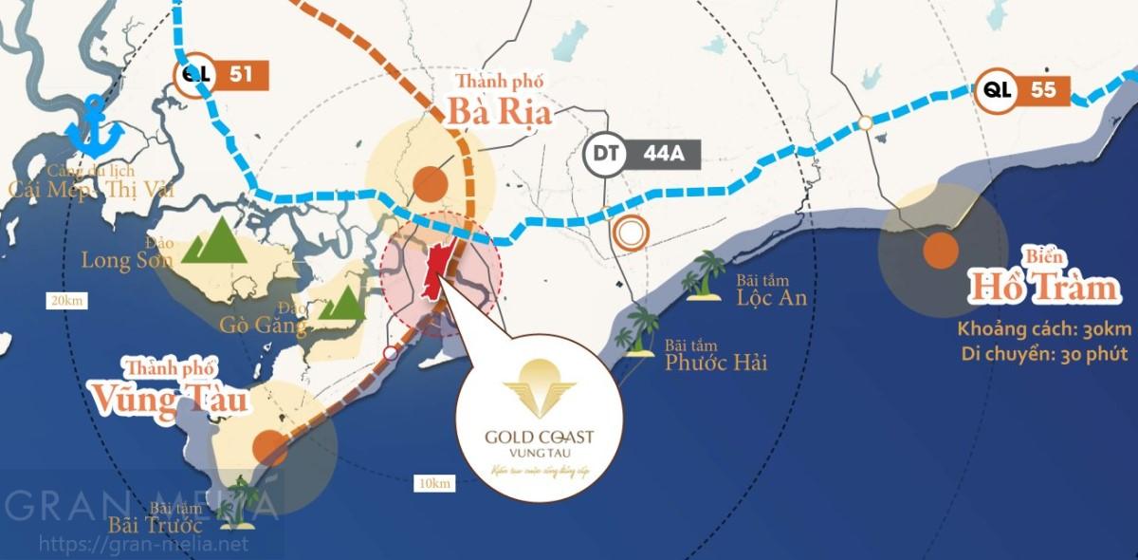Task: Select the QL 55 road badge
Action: [x=1024, y=90]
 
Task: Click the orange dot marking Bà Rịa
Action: [x=431, y=182]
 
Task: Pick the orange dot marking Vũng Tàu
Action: [x=270, y=446]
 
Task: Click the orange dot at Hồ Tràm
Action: [x=941, y=252]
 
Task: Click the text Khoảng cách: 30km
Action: [x=1043, y=329]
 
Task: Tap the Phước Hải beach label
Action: [x=715, y=362]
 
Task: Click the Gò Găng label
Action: [x=263, y=326]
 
